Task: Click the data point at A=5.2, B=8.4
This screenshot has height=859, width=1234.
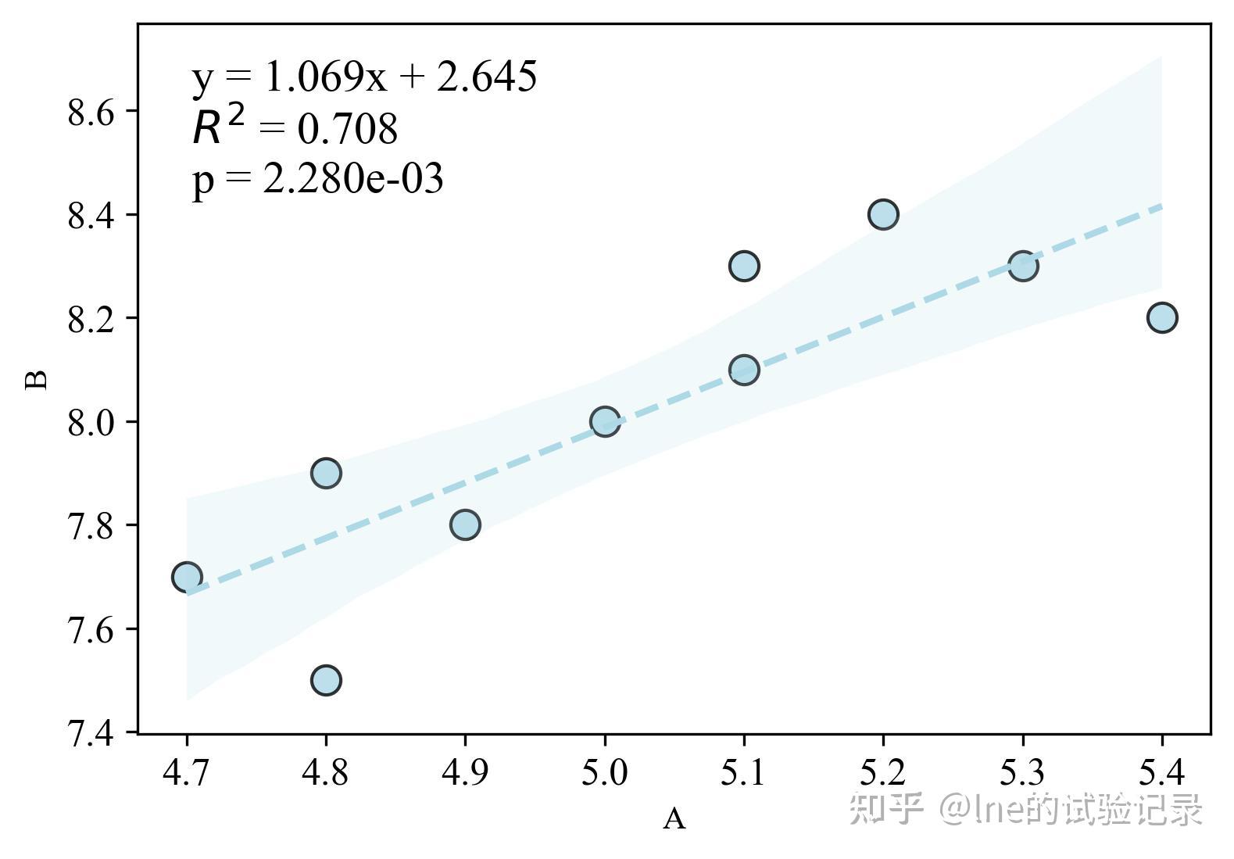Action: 882,214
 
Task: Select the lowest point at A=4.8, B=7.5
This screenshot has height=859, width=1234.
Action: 326,680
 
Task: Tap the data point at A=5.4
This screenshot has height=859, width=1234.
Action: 1162,317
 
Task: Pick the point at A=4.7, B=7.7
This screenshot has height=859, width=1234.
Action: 187,577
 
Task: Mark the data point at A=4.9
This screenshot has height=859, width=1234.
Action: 465,524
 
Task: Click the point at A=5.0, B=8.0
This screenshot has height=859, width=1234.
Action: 604,422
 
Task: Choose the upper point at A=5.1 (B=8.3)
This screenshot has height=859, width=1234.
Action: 744,266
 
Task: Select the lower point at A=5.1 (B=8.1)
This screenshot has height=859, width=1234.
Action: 744,370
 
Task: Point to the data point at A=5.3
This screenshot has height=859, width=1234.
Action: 1022,266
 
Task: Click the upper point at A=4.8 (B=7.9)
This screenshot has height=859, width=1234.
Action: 326,473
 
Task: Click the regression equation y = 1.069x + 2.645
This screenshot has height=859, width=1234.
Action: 364,77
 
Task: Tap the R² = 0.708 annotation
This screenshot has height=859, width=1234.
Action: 295,128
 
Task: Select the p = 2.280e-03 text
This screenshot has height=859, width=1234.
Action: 317,179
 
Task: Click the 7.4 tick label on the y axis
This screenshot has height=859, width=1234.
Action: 91,733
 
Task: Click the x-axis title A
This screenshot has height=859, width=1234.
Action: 674,819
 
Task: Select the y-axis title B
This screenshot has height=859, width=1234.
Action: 37,380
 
